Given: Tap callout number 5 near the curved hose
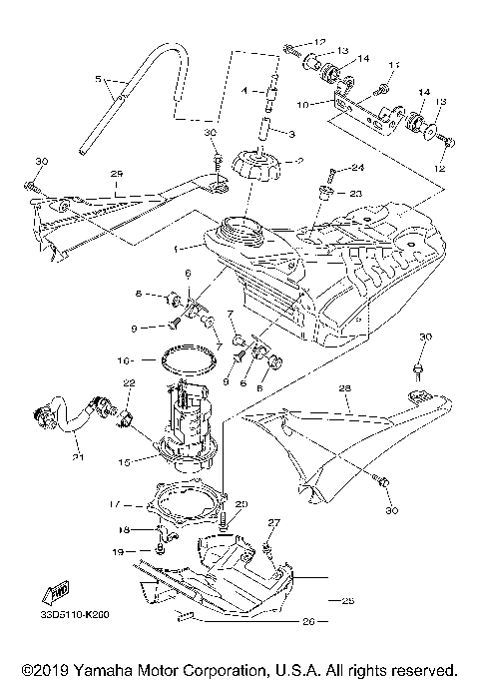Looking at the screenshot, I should pyautogui.click(x=97, y=78).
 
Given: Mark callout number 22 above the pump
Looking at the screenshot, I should pyautogui.click(x=129, y=382).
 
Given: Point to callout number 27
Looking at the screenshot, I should pyautogui.click(x=274, y=522).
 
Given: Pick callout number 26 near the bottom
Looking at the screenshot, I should pyautogui.click(x=307, y=620).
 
